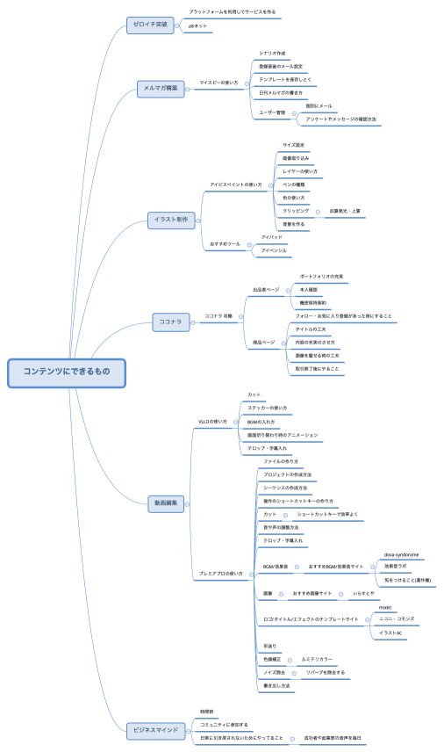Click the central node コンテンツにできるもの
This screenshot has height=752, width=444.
click(67, 372)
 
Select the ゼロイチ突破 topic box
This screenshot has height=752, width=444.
click(150, 25)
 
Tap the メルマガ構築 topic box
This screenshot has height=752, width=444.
click(161, 88)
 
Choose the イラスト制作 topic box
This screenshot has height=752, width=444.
click(171, 219)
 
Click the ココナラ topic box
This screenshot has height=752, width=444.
click(170, 322)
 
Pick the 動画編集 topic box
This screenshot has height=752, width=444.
click(166, 503)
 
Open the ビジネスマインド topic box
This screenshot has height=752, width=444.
click(155, 729)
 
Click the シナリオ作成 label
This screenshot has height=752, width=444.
click(272, 53)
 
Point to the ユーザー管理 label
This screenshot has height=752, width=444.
click(272, 112)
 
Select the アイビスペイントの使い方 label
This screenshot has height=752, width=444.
click(236, 184)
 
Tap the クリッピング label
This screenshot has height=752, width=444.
click(296, 211)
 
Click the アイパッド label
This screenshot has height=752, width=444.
click(272, 237)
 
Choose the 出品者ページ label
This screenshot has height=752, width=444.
click(266, 289)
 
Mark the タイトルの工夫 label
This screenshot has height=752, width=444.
click(311, 329)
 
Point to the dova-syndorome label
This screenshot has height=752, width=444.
click(401, 554)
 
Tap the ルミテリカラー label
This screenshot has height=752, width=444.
click(317, 658)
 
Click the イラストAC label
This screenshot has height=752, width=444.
click(390, 633)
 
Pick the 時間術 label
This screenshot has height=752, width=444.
click(207, 711)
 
